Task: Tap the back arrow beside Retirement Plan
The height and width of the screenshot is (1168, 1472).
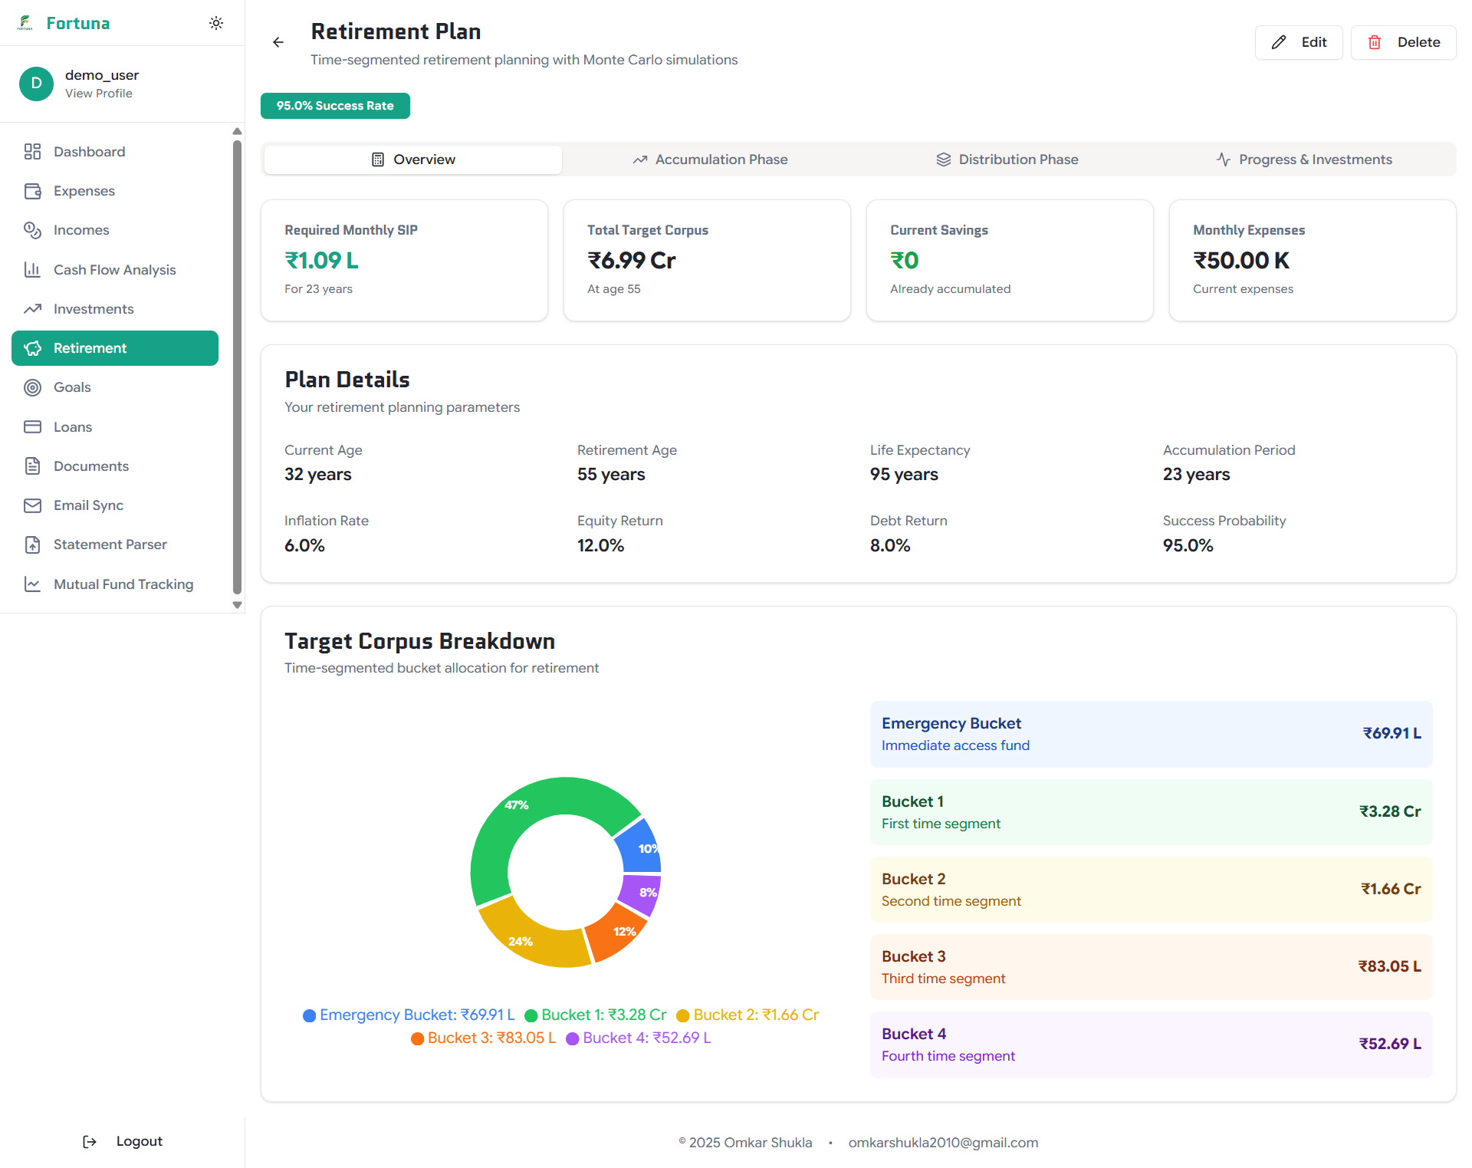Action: coord(278,42)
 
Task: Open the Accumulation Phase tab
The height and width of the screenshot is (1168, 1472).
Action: coord(710,160)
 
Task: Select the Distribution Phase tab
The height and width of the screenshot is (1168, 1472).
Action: coord(1007,160)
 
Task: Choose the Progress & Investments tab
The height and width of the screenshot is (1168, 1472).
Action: coord(1304,160)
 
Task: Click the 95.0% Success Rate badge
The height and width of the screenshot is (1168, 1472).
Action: coord(335,106)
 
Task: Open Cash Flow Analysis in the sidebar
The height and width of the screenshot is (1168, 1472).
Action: coord(114,270)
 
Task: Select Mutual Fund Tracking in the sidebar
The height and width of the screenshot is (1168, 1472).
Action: coord(123,584)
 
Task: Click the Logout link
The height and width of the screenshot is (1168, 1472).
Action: coord(138,1141)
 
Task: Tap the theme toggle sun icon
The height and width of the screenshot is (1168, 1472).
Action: coord(216,23)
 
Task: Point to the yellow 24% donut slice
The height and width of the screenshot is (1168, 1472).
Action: coord(529,939)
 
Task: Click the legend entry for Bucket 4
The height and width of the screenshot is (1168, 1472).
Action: coord(639,1038)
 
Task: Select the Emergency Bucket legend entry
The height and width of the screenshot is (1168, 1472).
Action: coord(409,1015)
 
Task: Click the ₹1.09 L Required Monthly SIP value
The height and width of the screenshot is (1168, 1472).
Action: coord(322,261)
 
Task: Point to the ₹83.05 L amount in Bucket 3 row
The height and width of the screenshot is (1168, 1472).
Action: coord(1389,966)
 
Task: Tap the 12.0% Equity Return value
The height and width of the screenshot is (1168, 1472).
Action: coord(600,545)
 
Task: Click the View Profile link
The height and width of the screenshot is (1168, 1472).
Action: coord(98,94)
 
